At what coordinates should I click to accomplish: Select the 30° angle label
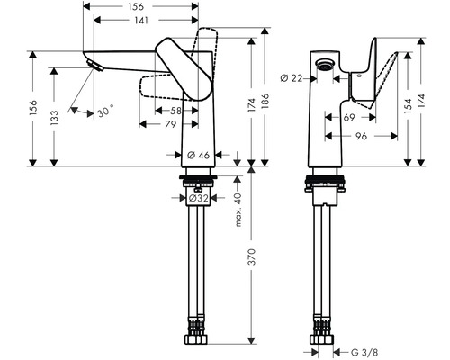[x=107, y=114]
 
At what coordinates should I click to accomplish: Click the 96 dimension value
[x=359, y=137]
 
